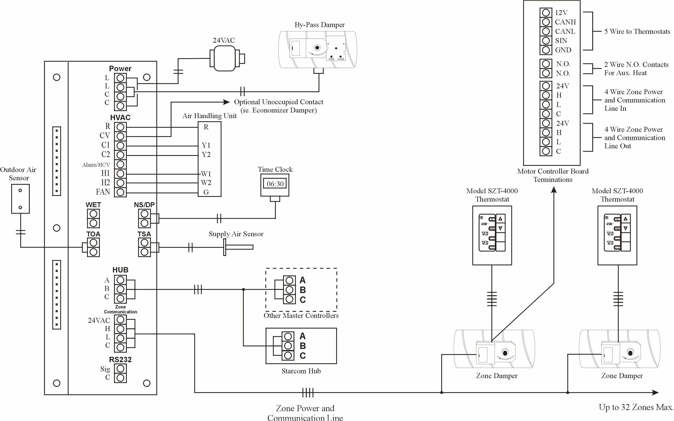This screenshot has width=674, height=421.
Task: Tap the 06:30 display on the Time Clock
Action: (x=275, y=184)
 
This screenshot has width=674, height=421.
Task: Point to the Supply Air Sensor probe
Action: (x=238, y=247)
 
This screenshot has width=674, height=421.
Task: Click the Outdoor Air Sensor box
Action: (x=20, y=199)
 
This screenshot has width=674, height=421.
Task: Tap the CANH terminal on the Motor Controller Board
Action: (x=546, y=22)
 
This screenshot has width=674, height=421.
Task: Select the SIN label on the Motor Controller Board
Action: (x=561, y=41)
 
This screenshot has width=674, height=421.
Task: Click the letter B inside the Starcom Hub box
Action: (x=302, y=346)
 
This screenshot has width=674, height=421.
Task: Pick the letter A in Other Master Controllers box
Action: (x=302, y=280)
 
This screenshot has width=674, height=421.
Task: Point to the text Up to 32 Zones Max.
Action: (x=636, y=407)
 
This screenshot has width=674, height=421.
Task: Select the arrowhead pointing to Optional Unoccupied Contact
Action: (x=227, y=102)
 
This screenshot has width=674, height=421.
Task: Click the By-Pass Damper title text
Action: (x=320, y=25)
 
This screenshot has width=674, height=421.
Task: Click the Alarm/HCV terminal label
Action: (x=96, y=165)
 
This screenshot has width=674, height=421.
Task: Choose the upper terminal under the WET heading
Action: (x=93, y=214)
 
